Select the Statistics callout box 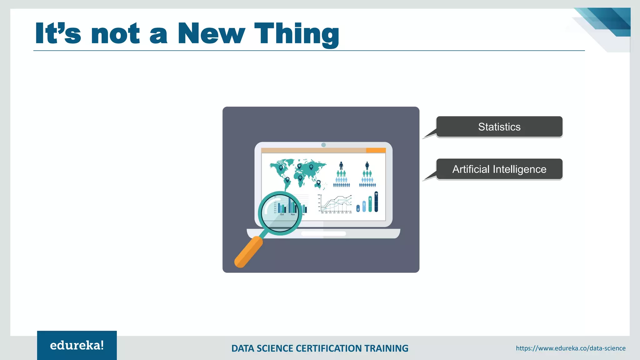pos(499,127)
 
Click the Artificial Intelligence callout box pos(499,169)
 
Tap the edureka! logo pos(77,345)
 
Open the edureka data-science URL pos(571,348)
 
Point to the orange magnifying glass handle pos(248,252)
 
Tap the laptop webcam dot pos(323,145)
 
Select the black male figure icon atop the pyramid pos(341,165)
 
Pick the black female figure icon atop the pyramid pos(367,165)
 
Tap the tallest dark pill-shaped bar pos(376,202)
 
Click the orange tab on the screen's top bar pos(376,151)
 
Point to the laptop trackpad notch pos(323,233)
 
